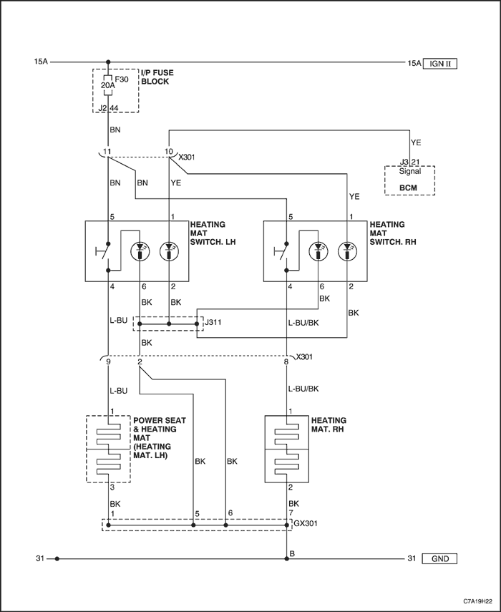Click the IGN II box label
point(439,63)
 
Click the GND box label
point(439,558)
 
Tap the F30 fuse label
point(122,79)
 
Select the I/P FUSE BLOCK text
point(157,77)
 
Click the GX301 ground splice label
point(306,523)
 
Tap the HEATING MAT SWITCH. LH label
point(213,233)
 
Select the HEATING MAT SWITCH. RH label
point(392,233)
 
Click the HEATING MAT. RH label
point(329,424)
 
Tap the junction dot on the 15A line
point(108,62)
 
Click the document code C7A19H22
point(477,601)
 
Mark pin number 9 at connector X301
point(108,362)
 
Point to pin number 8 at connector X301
point(286,362)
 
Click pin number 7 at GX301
point(291,513)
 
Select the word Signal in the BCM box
point(409,171)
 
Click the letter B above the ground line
point(292,553)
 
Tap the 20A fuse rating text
point(107,84)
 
